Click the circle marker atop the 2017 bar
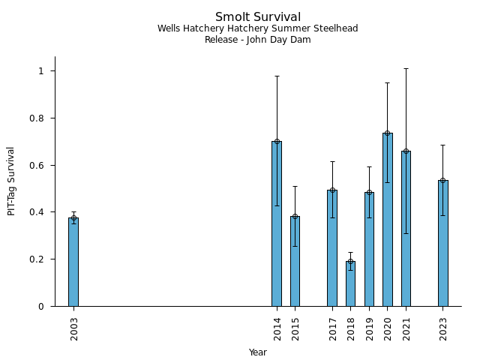332,190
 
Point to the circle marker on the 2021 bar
406,151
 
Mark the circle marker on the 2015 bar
295,217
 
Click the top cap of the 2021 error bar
406,68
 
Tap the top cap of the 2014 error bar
277,76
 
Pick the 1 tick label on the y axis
42,71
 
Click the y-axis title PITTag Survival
11,181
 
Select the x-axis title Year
258,352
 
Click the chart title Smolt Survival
258,17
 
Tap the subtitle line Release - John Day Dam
258,40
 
